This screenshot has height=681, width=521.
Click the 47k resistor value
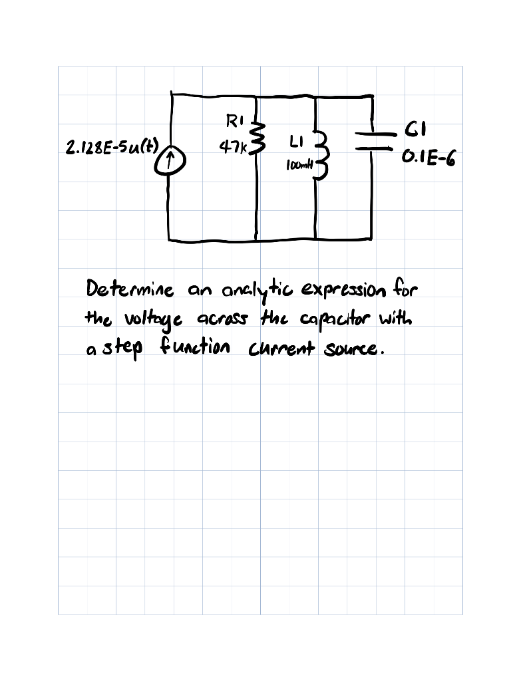click(233, 145)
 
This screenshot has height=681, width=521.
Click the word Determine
click(130, 291)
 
